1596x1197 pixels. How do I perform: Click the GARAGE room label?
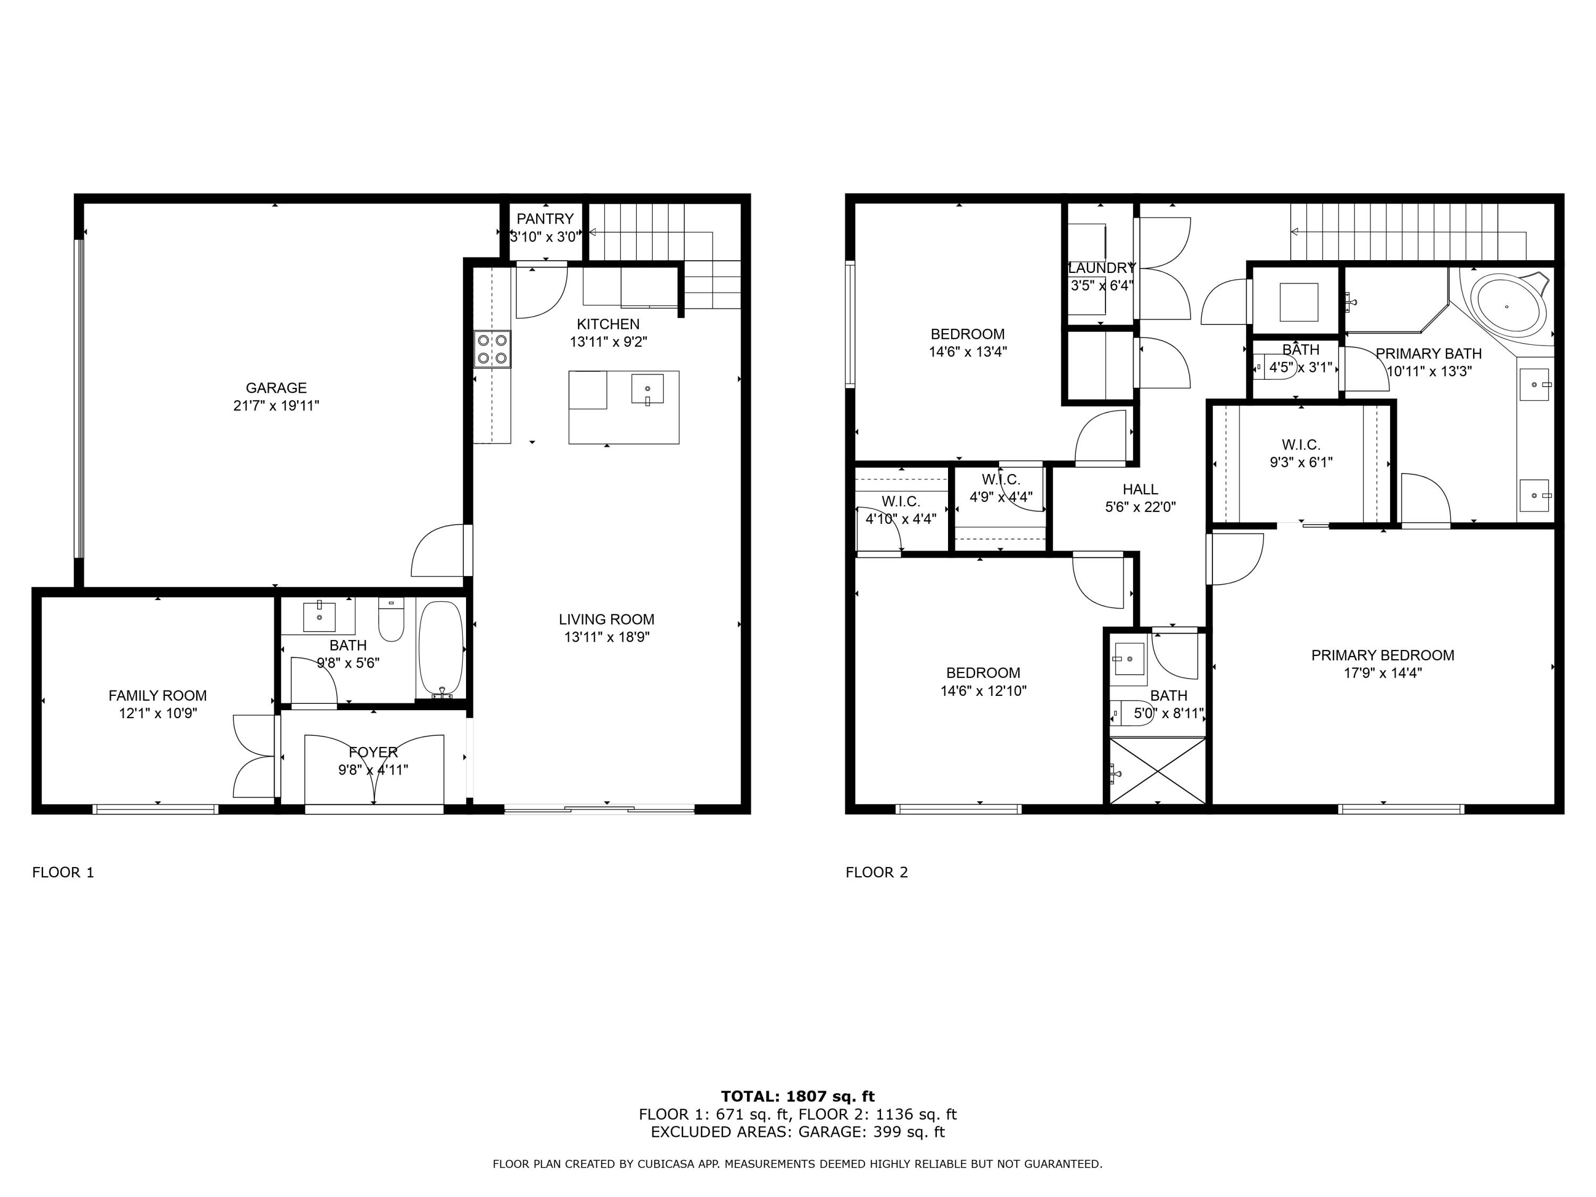tap(276, 387)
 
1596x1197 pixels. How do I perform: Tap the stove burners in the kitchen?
tap(493, 349)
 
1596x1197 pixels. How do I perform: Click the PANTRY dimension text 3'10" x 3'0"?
tap(545, 237)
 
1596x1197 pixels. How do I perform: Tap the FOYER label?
tap(373, 752)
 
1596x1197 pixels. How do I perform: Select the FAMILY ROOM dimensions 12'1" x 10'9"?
tap(158, 713)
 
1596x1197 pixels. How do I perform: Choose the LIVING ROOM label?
tap(606, 619)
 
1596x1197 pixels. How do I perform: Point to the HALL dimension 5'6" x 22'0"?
tap(1140, 507)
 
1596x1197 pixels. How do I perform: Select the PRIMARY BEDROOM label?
tap(1383, 655)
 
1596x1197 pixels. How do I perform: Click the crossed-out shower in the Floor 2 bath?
tap(1157, 770)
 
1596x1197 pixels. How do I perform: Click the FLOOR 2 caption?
tap(877, 872)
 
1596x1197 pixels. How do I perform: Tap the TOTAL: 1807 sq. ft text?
tap(797, 1096)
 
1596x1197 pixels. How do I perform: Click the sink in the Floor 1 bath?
tap(319, 616)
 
